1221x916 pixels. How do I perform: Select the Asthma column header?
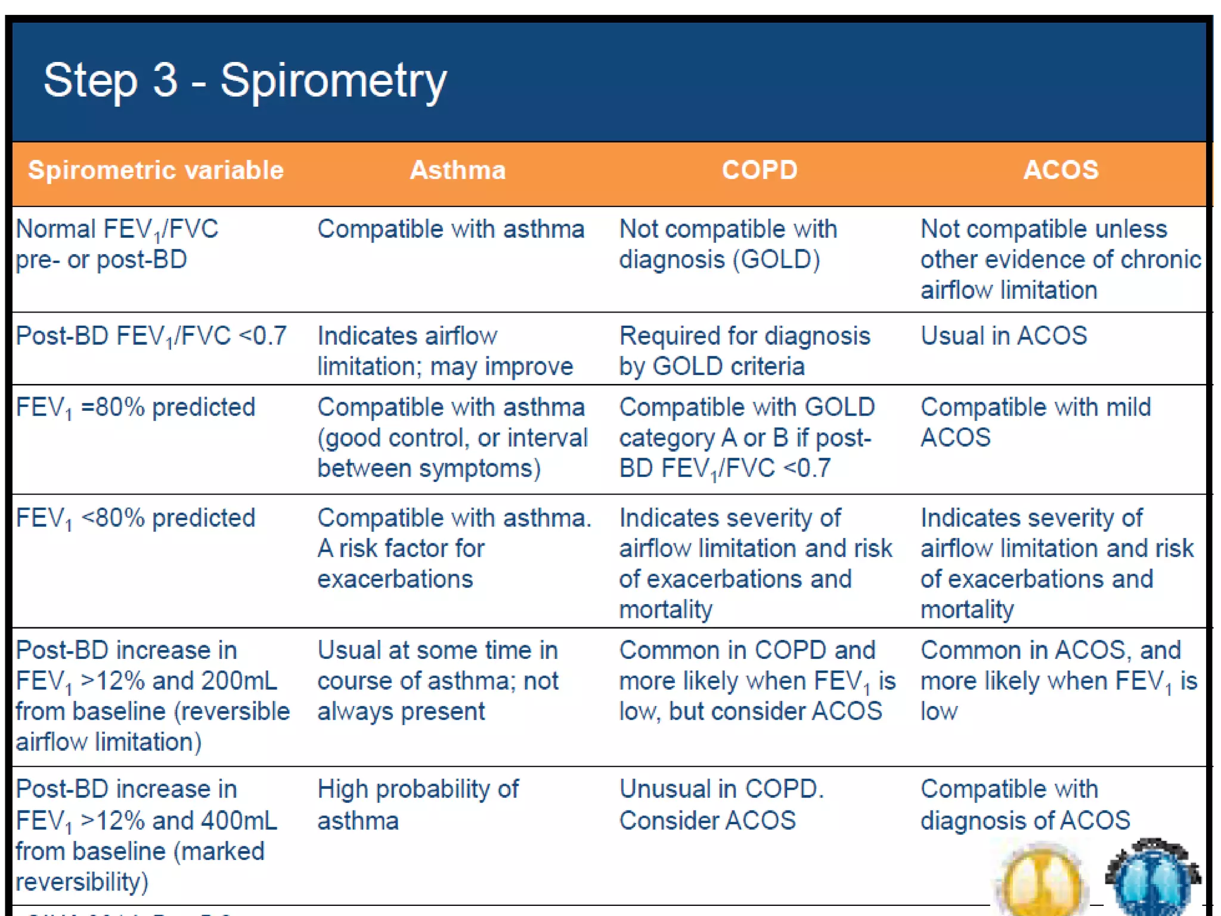tap(457, 171)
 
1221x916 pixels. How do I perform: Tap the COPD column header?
tap(759, 171)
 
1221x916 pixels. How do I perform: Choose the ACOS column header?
tap(1060, 171)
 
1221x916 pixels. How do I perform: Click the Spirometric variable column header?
tap(156, 171)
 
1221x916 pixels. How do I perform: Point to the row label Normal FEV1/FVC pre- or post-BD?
tap(117, 244)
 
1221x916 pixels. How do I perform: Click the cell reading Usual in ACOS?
tap(1003, 336)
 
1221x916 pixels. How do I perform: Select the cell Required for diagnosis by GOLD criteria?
tap(744, 351)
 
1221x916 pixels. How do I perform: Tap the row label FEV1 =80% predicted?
tap(135, 408)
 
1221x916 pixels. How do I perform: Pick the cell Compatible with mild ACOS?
tap(1035, 422)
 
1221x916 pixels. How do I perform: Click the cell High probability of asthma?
tap(417, 804)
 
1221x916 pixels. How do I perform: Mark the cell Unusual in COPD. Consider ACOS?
tap(721, 804)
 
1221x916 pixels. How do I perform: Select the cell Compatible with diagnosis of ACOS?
tap(1024, 804)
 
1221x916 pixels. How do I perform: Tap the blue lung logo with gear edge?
tap(1152, 877)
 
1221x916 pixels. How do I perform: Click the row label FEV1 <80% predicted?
tap(135, 518)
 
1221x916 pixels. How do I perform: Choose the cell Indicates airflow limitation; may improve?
tap(444, 351)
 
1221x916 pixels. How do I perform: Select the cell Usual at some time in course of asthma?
tap(438, 680)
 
